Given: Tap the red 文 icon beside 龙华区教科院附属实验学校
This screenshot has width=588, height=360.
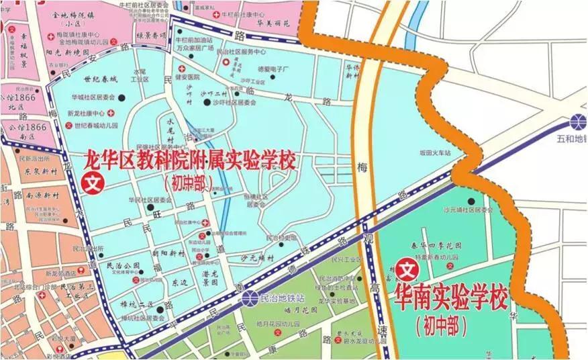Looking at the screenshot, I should coord(92,183).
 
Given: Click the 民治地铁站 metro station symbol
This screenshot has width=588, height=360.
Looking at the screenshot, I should coord(250,297).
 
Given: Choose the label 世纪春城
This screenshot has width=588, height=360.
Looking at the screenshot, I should coord(85,80).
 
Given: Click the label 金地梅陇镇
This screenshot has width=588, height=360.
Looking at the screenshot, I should coord(73,13).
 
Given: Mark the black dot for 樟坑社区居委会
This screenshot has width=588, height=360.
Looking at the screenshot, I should coord(160,309).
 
